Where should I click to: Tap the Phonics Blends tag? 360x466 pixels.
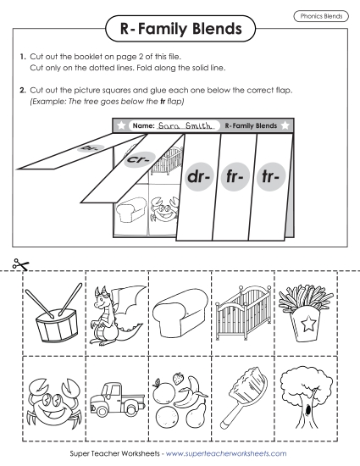(x=320, y=16)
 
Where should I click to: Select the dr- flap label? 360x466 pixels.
(x=197, y=180)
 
